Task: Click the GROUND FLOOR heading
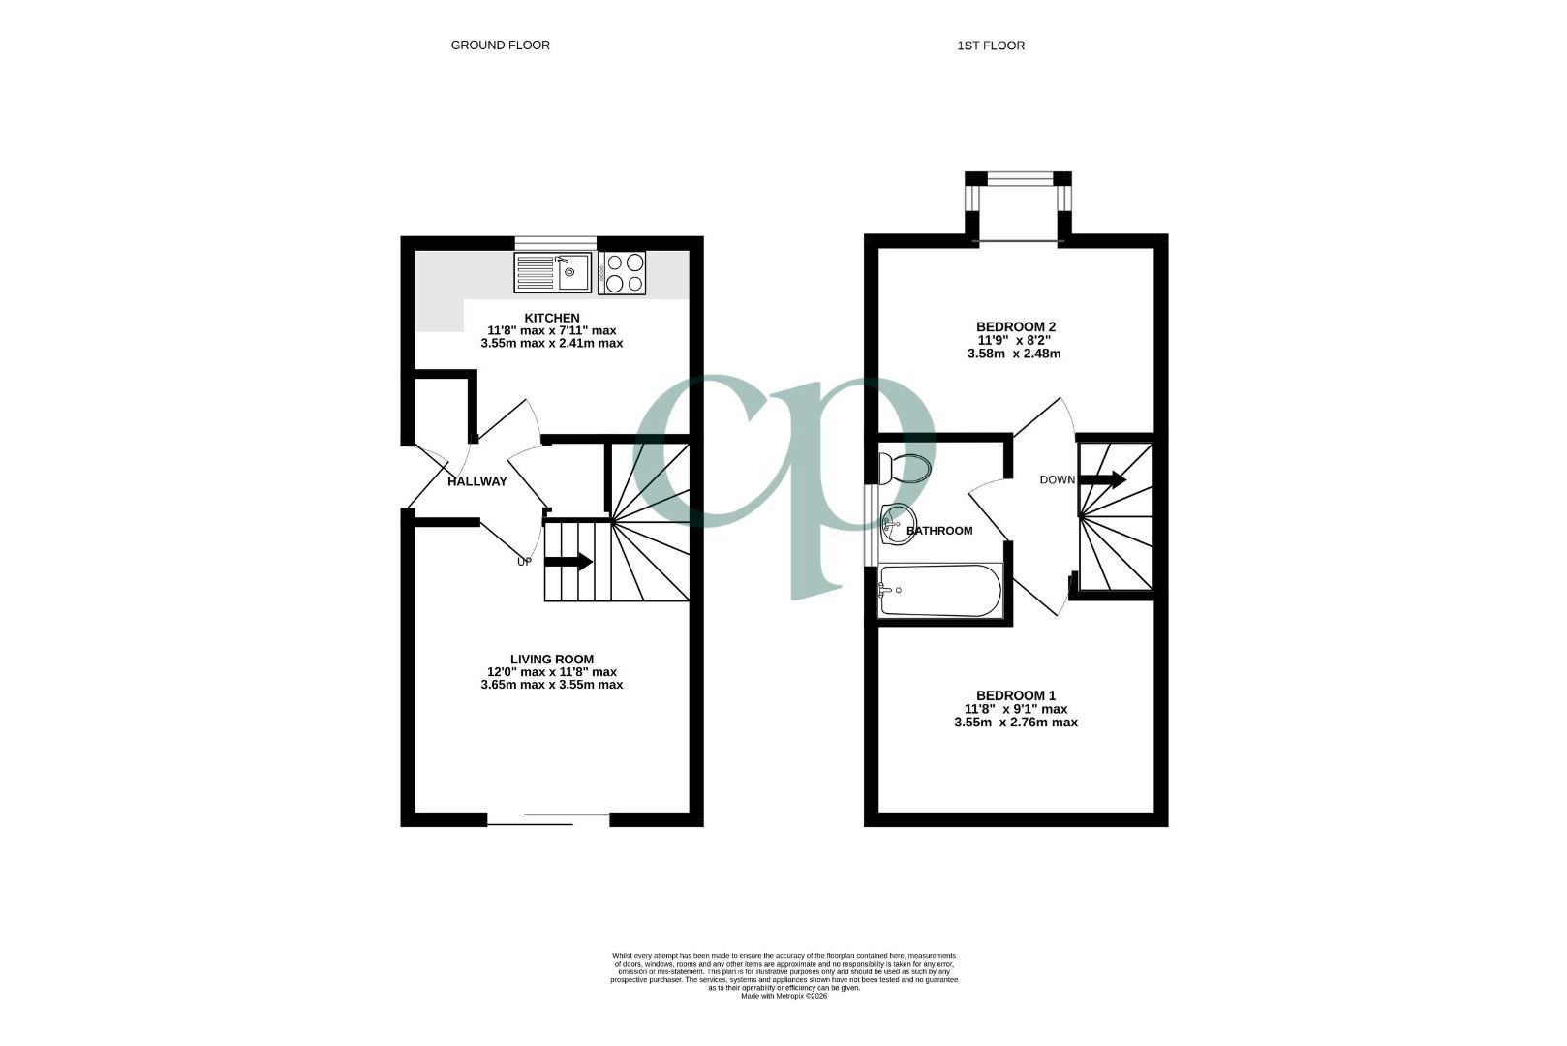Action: coord(500,46)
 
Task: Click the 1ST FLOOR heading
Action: coord(990,46)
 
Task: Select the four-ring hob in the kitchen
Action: coord(622,272)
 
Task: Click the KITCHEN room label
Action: coord(551,318)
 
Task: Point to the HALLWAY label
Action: coord(476,481)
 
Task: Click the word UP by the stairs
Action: coord(524,561)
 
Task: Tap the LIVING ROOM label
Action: coord(551,660)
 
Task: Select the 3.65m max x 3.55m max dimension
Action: coord(551,685)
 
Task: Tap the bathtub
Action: coord(940,590)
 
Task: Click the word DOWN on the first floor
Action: coord(1057,479)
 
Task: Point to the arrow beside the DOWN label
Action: coord(1103,479)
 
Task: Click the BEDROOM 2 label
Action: coord(1015,326)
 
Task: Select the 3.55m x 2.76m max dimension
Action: coord(1015,723)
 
